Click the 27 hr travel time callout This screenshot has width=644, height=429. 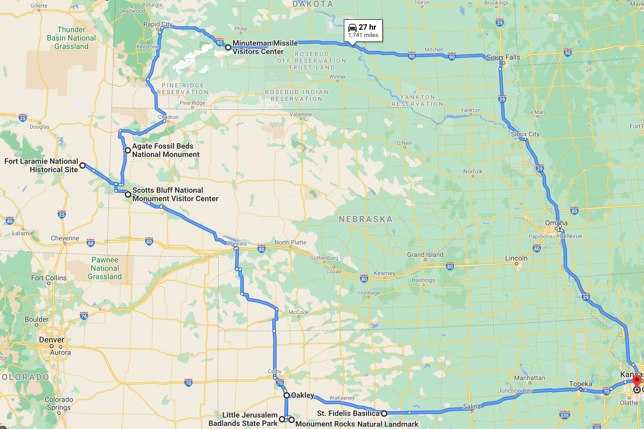click(363, 30)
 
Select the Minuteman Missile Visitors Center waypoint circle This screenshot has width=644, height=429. click(228, 47)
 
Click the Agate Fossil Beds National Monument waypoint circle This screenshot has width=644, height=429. click(128, 150)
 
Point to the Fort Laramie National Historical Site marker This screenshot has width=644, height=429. click(83, 165)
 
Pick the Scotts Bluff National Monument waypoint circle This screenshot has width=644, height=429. click(128, 194)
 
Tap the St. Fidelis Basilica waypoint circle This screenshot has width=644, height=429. click(384, 413)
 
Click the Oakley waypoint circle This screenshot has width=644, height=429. click(286, 395)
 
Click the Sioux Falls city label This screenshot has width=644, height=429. click(503, 57)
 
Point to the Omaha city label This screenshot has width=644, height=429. click(556, 223)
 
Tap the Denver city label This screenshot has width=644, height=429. click(51, 340)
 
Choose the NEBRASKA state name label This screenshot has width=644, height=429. click(365, 219)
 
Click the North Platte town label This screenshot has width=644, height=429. click(290, 242)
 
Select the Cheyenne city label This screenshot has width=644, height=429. click(65, 238)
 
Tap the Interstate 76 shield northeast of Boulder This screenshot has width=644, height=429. click(84, 316)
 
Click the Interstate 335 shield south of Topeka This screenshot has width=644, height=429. click(564, 415)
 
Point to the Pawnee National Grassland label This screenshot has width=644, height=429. click(105, 268)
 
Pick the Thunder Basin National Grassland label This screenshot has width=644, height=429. click(71, 38)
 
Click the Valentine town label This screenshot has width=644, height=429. click(301, 114)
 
